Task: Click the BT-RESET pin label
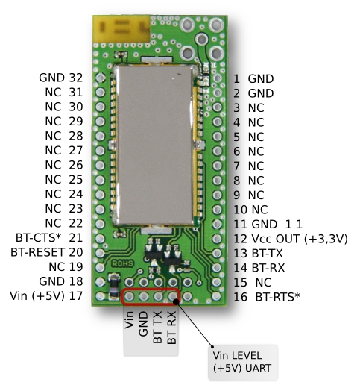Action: point(38,252)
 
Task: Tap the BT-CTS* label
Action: point(38,237)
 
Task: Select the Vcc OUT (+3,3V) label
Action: point(300,239)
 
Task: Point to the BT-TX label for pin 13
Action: point(268,254)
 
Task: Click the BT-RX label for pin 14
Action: point(268,268)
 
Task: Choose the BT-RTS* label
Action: point(278,297)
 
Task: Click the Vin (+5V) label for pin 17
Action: point(37,296)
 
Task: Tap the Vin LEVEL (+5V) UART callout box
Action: point(242,363)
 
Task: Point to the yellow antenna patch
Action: point(121,29)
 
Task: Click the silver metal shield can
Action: point(154,145)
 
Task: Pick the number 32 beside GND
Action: point(76,78)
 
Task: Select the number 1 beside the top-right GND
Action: point(236,79)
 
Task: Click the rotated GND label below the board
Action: point(144,324)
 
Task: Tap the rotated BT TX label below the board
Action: point(158,328)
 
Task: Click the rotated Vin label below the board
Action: point(129,320)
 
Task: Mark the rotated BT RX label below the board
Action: point(172,328)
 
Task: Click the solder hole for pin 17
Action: point(101,296)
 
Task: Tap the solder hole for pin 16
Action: point(217,296)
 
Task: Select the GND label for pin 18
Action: point(51,281)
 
